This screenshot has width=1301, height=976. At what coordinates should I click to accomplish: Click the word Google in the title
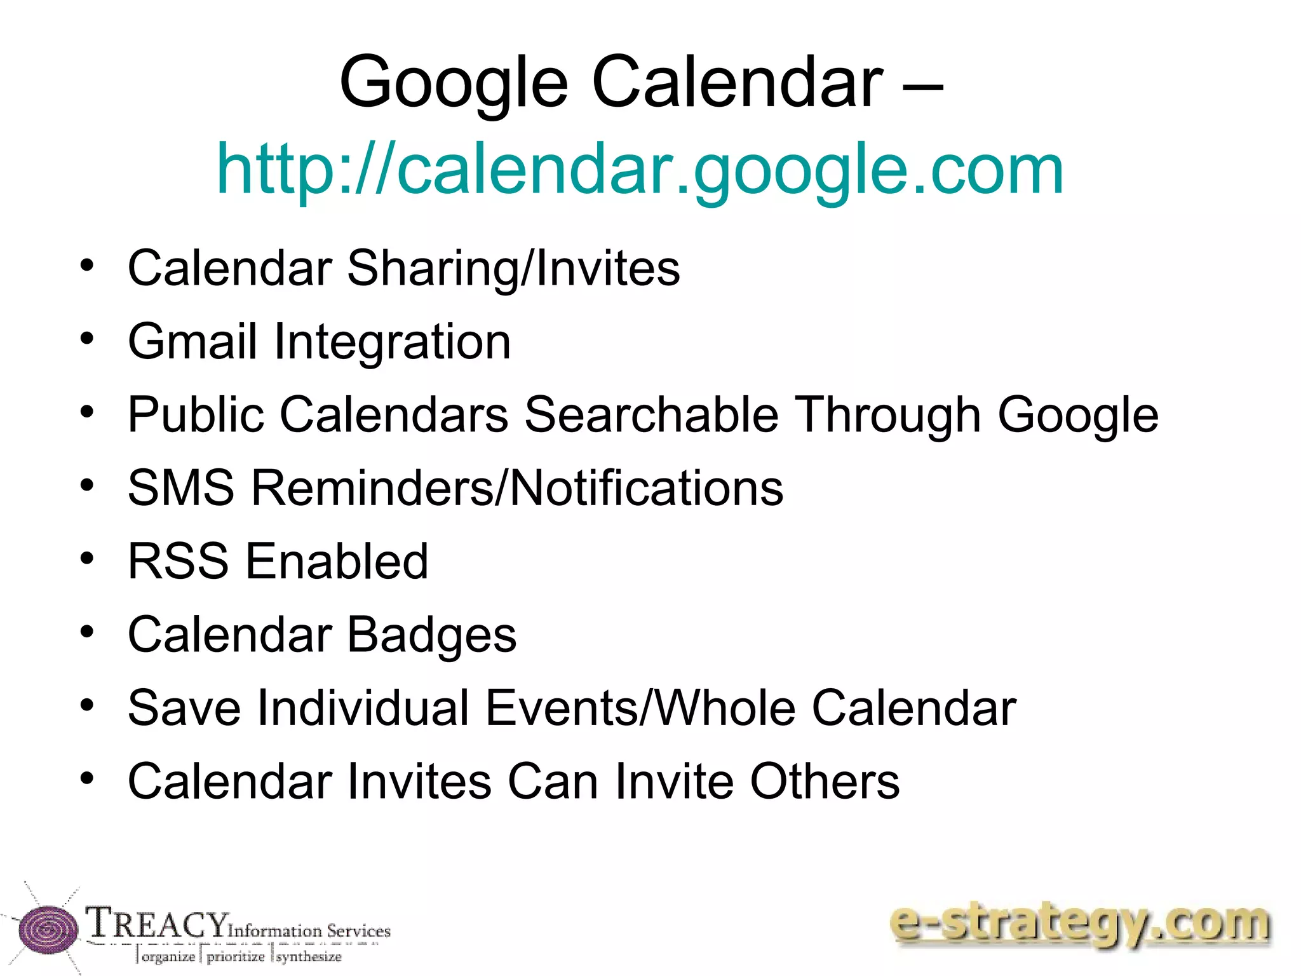tap(454, 83)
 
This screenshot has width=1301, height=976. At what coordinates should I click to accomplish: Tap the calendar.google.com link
tap(640, 169)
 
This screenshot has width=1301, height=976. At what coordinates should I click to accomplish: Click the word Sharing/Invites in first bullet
tap(513, 268)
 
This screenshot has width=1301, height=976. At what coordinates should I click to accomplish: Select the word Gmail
tap(192, 342)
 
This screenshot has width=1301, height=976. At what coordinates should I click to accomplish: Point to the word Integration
tap(392, 342)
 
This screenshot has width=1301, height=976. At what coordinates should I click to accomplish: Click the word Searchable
tap(651, 415)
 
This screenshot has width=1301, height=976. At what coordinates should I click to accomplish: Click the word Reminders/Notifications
tap(517, 488)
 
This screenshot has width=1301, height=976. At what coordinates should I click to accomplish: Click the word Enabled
tap(337, 562)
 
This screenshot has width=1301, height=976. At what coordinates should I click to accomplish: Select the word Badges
tap(432, 635)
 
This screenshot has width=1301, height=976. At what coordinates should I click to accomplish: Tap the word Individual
tap(363, 708)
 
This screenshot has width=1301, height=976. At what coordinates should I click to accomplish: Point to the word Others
tap(825, 781)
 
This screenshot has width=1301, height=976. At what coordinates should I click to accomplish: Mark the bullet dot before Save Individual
tap(87, 705)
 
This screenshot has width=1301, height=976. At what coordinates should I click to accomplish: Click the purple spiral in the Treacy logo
tap(48, 930)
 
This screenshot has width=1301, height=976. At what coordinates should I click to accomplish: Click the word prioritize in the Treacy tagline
tap(236, 956)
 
